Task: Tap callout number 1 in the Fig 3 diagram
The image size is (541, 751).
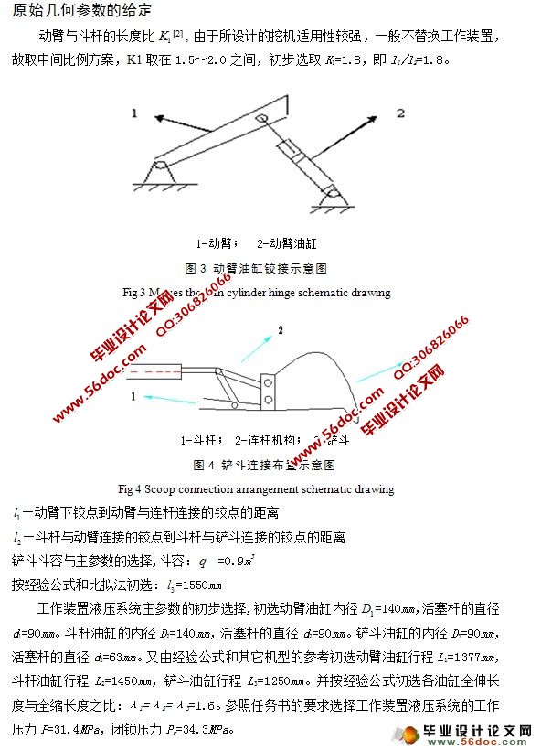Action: coord(133,113)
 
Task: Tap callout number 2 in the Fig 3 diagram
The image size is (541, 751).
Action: coord(398,113)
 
